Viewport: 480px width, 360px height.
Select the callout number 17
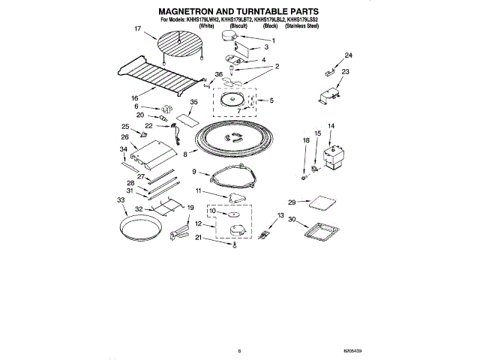138,29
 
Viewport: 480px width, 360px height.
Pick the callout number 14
330,126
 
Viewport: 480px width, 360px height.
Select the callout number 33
121,199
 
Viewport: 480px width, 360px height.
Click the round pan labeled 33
140,225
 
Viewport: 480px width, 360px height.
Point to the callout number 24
348,55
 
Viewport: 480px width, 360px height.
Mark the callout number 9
194,172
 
